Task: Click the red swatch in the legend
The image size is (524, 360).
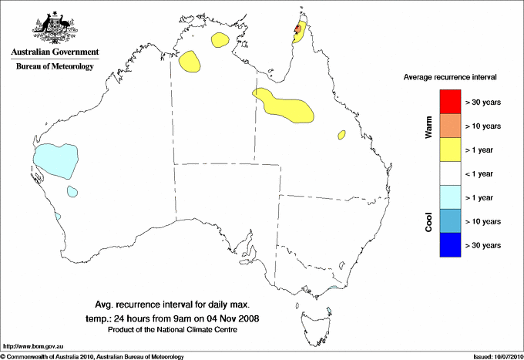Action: [450, 102]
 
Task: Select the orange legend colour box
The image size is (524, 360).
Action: [450, 126]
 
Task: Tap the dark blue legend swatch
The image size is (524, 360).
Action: [450, 245]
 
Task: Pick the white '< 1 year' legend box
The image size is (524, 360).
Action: [450, 173]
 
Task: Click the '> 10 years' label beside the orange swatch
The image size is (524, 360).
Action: [483, 126]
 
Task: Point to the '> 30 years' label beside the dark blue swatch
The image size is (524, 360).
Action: [483, 245]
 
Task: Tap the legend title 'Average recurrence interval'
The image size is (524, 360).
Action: [450, 78]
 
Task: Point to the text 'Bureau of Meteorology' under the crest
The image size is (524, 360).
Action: [55, 66]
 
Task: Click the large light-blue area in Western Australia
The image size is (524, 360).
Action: [55, 159]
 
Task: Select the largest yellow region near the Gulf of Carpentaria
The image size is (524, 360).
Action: [285, 106]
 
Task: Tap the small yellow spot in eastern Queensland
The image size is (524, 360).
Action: [341, 135]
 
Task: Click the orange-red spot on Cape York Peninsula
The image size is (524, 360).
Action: [297, 30]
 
